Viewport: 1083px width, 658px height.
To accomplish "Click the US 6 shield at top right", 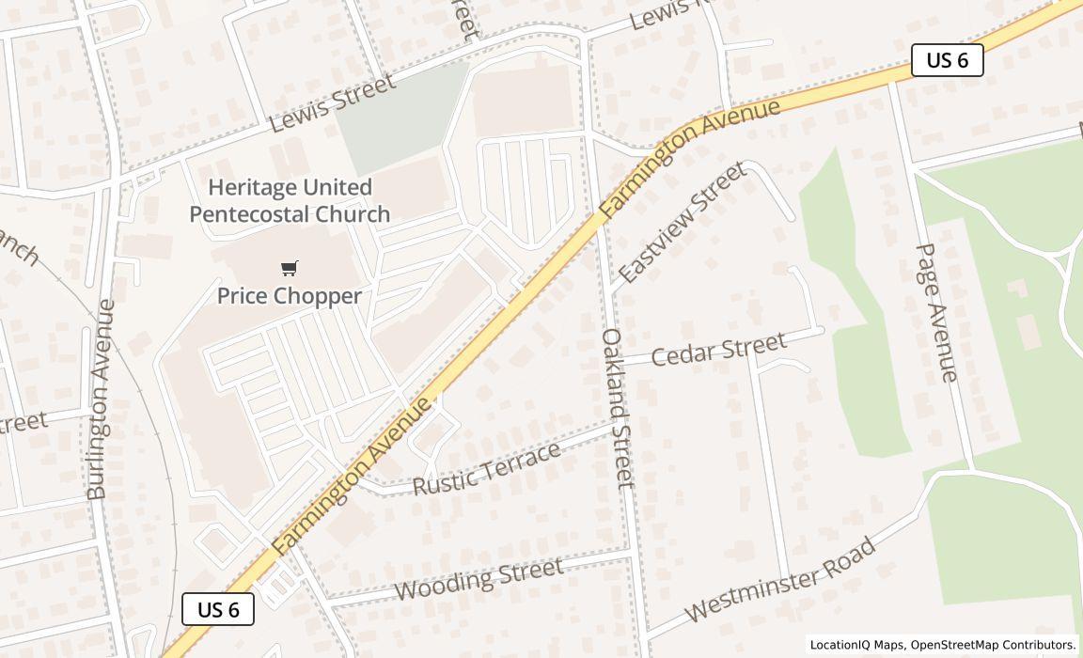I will pos(947,60).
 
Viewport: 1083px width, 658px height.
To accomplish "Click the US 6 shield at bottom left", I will pos(217,609).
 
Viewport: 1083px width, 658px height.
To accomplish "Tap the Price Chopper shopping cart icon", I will pos(290,269).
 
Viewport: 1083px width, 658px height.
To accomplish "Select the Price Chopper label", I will pos(290,296).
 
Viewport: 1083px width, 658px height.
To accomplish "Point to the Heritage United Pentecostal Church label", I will pos(290,200).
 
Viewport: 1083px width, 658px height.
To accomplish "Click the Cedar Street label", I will pos(718,349).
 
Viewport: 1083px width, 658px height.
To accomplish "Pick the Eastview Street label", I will pos(683,222).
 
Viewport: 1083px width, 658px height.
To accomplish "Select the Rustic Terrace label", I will pos(487,468).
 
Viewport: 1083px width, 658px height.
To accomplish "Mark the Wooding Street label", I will pos(479,577).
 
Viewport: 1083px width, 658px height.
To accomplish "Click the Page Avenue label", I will pos(936,312).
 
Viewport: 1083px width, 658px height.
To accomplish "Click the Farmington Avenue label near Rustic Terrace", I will pos(353,475).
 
